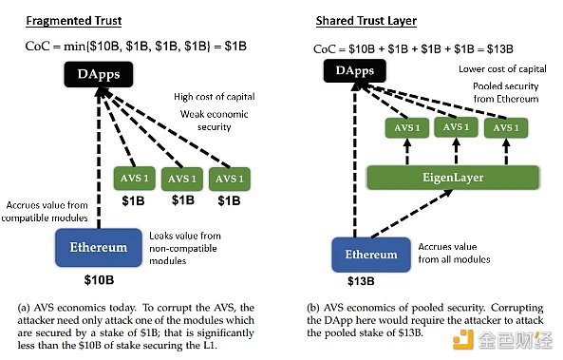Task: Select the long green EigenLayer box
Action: pos(452,176)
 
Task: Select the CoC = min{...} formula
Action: pos(136,46)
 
